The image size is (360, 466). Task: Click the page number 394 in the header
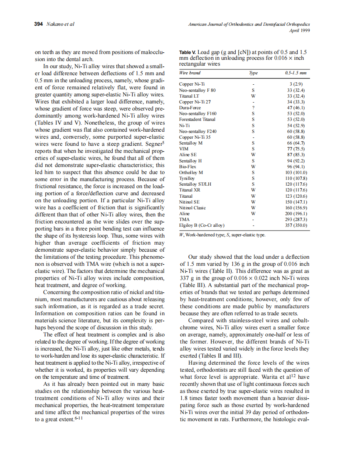(x=39, y=24)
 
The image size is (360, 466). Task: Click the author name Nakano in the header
(x=54, y=24)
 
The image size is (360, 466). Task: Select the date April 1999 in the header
(x=299, y=30)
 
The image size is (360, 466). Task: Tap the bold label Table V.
(x=188, y=53)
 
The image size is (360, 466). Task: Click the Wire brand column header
(x=190, y=73)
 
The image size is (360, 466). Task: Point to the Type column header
(x=253, y=73)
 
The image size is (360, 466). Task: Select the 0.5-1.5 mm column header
(x=296, y=73)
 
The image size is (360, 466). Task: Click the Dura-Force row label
(x=190, y=107)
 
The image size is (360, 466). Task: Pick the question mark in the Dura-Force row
(x=253, y=107)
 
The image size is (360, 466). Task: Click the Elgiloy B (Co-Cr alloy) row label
(x=202, y=225)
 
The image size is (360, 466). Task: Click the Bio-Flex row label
(x=188, y=166)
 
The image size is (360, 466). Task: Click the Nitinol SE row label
(x=189, y=201)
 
